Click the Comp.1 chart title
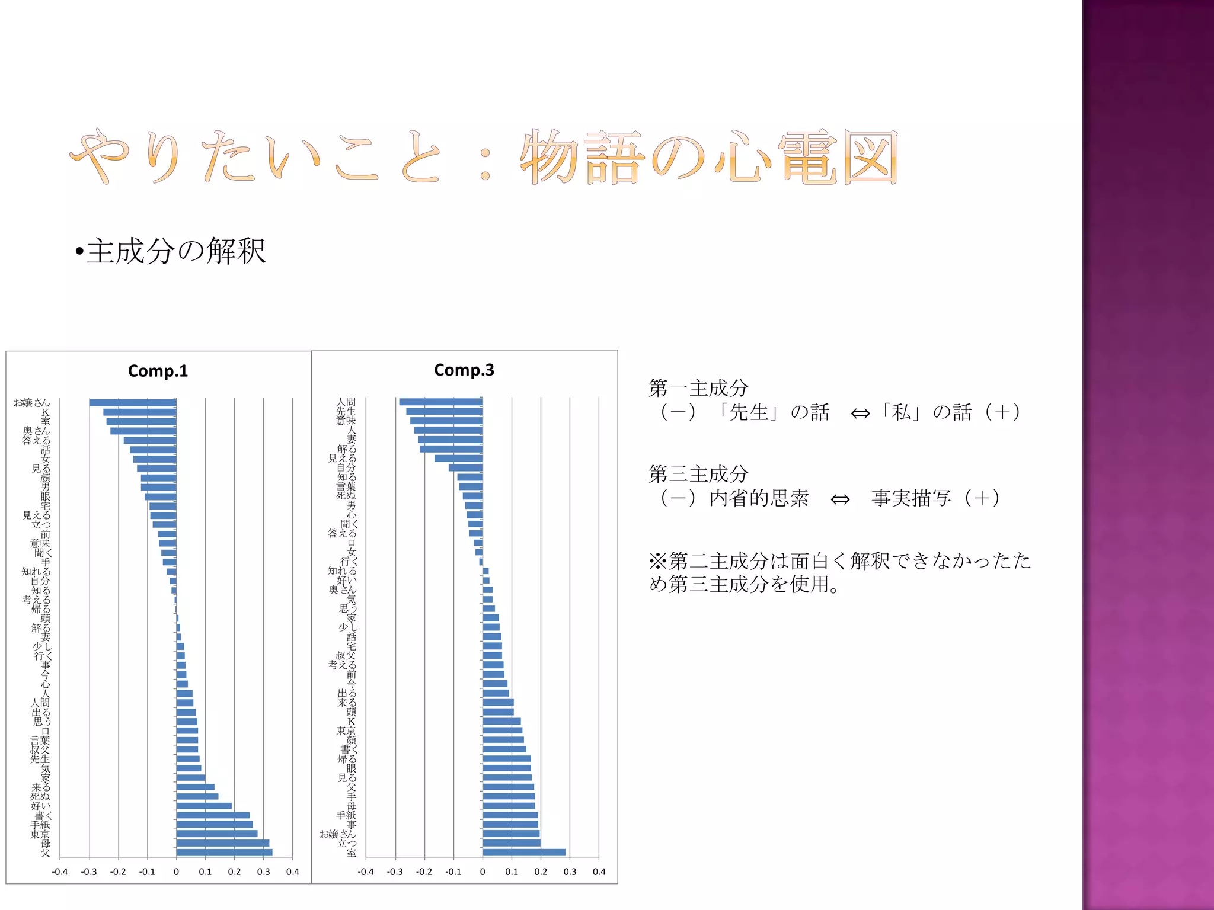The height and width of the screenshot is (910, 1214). pos(158,371)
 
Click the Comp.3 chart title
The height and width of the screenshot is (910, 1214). pos(464,370)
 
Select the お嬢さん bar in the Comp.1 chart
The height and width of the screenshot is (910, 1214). pos(133,403)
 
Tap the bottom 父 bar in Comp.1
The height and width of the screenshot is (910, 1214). pos(224,853)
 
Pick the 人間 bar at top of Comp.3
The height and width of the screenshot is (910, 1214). pos(440,402)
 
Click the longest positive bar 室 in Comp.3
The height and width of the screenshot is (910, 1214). pos(523,853)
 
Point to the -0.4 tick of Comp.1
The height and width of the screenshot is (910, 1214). pos(60,871)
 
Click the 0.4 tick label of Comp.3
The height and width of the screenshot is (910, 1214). pos(599,871)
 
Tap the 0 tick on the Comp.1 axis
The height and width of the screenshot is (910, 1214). pos(176,871)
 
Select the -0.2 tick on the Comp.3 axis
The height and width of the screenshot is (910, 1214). pos(424,871)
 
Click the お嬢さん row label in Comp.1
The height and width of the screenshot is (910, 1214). pos(32,403)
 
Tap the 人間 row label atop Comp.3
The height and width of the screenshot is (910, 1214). pos(346,402)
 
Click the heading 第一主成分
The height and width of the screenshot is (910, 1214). pos(698,388)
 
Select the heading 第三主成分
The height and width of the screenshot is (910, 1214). pos(698,474)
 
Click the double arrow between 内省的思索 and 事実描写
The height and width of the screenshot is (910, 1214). pos(840,499)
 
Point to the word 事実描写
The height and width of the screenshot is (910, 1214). pos(911,498)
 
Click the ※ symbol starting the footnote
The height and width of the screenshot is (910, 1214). pos(658,560)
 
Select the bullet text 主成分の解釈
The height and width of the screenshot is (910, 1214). pos(176,251)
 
